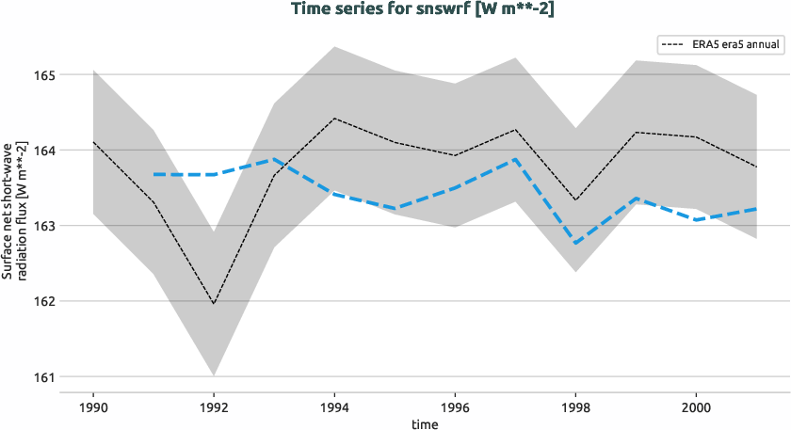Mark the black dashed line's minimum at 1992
pos(214,304)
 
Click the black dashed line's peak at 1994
pos(334,119)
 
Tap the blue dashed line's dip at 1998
pos(575,244)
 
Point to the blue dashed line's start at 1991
pos(153,174)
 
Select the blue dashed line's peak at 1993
pos(274,159)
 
